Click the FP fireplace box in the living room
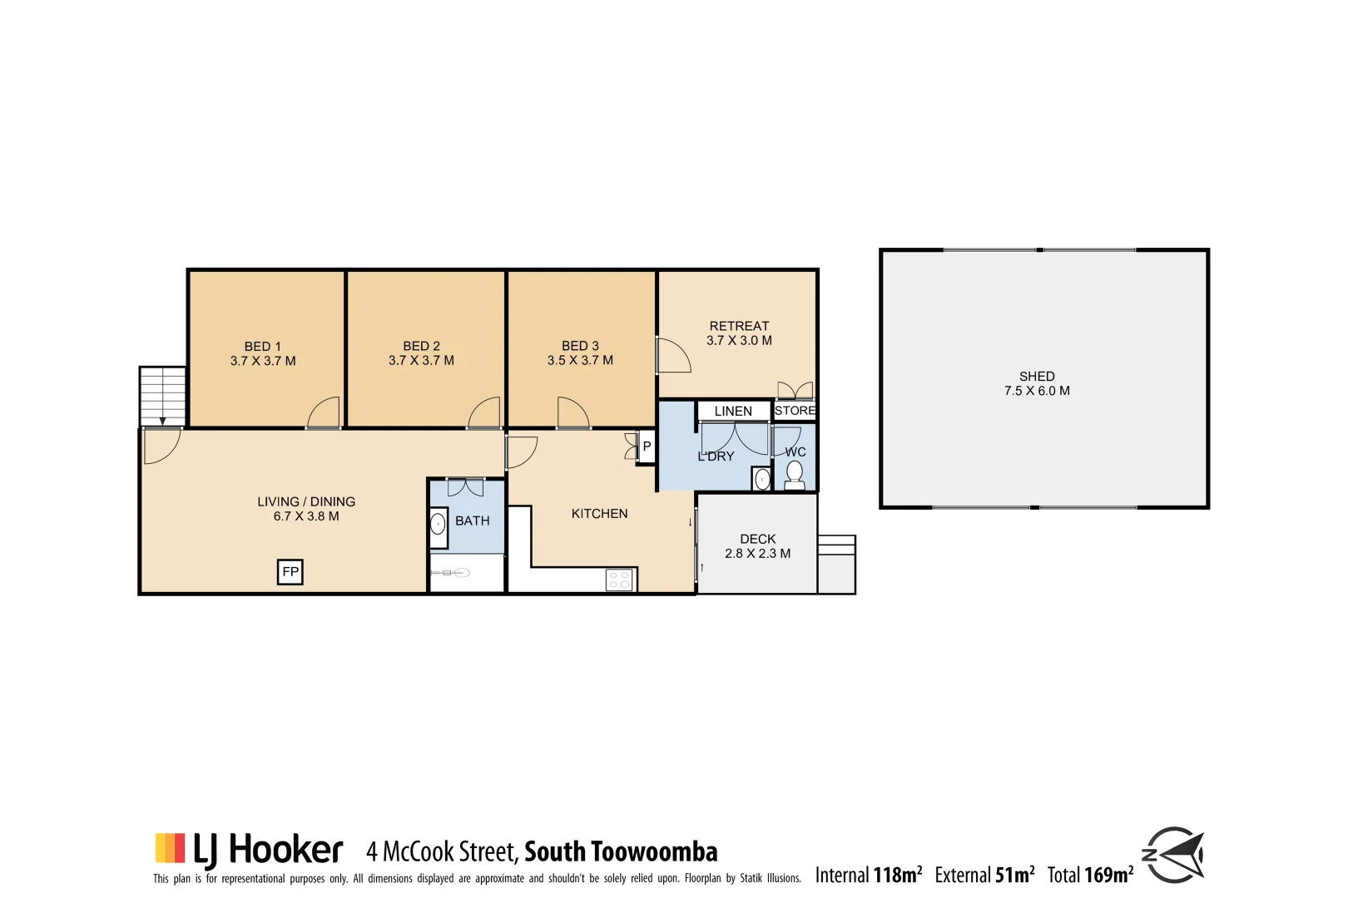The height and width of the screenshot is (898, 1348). tap(290, 572)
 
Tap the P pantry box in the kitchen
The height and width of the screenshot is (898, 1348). tap(647, 447)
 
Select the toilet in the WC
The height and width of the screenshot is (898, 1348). tap(795, 474)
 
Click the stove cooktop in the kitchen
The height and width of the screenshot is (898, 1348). tap(619, 580)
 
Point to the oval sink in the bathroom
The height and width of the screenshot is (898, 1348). tap(438, 525)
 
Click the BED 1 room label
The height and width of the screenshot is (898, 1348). tap(263, 346)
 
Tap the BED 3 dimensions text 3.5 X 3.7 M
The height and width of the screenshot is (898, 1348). tap(580, 360)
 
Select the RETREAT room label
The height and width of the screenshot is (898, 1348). tap(739, 326)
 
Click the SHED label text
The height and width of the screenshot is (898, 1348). tap(1037, 376)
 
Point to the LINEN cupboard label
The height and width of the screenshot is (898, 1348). tap(733, 411)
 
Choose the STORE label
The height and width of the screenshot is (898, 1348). tap(795, 410)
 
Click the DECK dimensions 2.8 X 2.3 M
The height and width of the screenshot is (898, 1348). tap(757, 553)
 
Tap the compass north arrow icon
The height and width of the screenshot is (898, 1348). tap(1174, 854)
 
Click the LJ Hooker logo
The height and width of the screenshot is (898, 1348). tap(249, 850)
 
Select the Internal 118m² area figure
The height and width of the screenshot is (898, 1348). tap(868, 875)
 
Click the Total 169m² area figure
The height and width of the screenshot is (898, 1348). tap(1090, 875)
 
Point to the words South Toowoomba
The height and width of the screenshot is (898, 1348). tap(621, 851)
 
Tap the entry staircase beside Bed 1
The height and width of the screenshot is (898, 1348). tap(162, 396)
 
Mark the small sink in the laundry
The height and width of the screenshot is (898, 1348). tap(761, 480)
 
